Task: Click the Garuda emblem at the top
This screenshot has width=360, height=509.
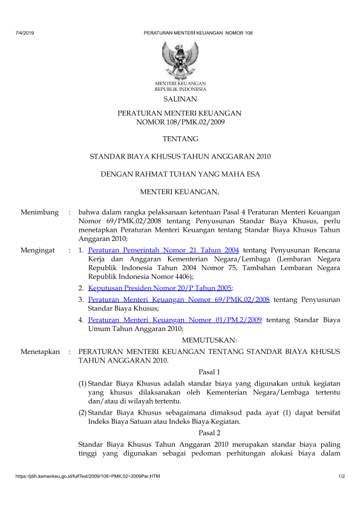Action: coord(180,59)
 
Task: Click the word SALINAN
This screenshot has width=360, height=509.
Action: coord(180,99)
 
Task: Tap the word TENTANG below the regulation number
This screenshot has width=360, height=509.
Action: coord(180,139)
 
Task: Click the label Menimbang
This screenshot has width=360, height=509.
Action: coord(39,212)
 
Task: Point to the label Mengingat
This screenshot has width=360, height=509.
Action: coord(38,249)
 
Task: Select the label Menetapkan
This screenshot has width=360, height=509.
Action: coord(40,351)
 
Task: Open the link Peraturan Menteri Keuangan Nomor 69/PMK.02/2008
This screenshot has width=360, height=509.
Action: coord(178,299)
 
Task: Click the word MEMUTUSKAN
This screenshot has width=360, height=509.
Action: coord(209,340)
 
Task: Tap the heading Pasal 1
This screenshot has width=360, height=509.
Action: coord(209,371)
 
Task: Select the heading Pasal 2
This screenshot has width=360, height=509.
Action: coord(209,433)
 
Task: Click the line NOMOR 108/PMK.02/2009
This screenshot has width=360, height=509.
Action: coord(180,122)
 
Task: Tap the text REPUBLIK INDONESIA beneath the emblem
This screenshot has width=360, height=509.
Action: coord(180,88)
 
